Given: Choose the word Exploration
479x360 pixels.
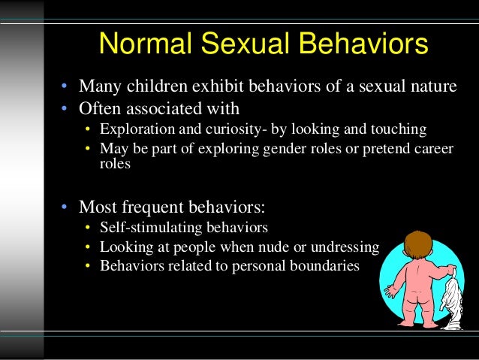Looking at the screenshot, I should [x=135, y=129].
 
